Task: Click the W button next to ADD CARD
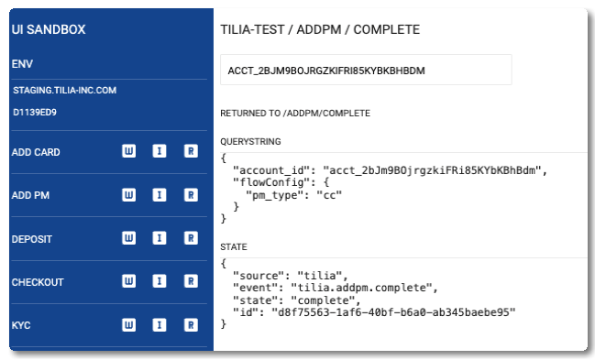(x=128, y=151)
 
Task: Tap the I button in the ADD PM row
(x=160, y=195)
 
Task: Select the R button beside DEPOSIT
(x=191, y=238)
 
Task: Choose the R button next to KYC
(x=191, y=325)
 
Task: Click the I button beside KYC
(x=160, y=325)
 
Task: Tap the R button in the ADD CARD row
(x=191, y=151)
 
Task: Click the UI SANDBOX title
(x=49, y=29)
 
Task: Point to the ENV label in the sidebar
(x=22, y=64)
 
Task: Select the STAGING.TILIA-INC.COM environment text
(x=64, y=91)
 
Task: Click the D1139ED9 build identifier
(x=35, y=113)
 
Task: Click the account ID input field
(x=366, y=70)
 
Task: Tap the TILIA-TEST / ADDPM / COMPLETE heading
(x=320, y=29)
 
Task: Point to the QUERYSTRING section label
(x=250, y=141)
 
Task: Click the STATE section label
(x=234, y=247)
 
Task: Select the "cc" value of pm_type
(x=329, y=195)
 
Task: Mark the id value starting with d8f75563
(x=393, y=312)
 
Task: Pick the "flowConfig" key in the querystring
(x=271, y=182)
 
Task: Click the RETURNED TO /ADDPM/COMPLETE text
(x=295, y=114)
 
